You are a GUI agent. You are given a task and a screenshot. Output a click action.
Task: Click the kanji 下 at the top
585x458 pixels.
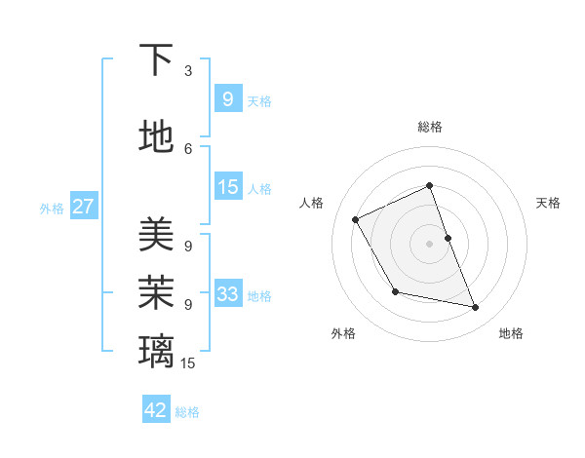(156, 60)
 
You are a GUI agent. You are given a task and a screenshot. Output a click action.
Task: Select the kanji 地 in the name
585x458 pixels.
(156, 136)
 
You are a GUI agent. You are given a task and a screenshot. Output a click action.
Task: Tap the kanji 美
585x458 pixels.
(156, 234)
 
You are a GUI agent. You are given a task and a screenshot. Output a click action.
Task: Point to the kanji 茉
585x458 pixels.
(156, 291)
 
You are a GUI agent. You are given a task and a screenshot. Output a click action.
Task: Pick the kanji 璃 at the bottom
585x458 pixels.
(156, 350)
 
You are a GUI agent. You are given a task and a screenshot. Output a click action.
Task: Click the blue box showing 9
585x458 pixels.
(227, 98)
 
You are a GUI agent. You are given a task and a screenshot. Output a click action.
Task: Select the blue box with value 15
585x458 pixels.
(227, 187)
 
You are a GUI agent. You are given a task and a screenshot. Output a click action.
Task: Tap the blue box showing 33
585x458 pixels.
(227, 294)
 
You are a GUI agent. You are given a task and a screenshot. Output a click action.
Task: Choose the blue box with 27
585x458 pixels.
(83, 207)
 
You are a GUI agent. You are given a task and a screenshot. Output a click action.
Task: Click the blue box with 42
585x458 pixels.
(156, 410)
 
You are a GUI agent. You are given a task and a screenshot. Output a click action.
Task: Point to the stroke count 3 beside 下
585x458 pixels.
(188, 71)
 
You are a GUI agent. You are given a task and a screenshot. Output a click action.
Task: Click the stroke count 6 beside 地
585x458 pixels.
(188, 148)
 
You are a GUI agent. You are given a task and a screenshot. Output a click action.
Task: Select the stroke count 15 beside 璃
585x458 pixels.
(188, 363)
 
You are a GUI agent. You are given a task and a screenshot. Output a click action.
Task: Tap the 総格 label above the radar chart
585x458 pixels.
(430, 127)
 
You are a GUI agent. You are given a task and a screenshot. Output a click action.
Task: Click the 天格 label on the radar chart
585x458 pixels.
(548, 203)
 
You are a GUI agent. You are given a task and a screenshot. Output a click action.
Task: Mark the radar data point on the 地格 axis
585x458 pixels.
(476, 308)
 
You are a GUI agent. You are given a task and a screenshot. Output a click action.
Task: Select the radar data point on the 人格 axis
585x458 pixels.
(356, 219)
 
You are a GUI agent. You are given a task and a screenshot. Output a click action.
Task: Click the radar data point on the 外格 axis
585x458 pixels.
(395, 291)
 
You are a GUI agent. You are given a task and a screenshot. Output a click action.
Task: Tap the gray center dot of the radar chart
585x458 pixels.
(430, 243)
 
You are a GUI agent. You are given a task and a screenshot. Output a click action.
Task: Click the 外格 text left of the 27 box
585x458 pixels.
(52, 208)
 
